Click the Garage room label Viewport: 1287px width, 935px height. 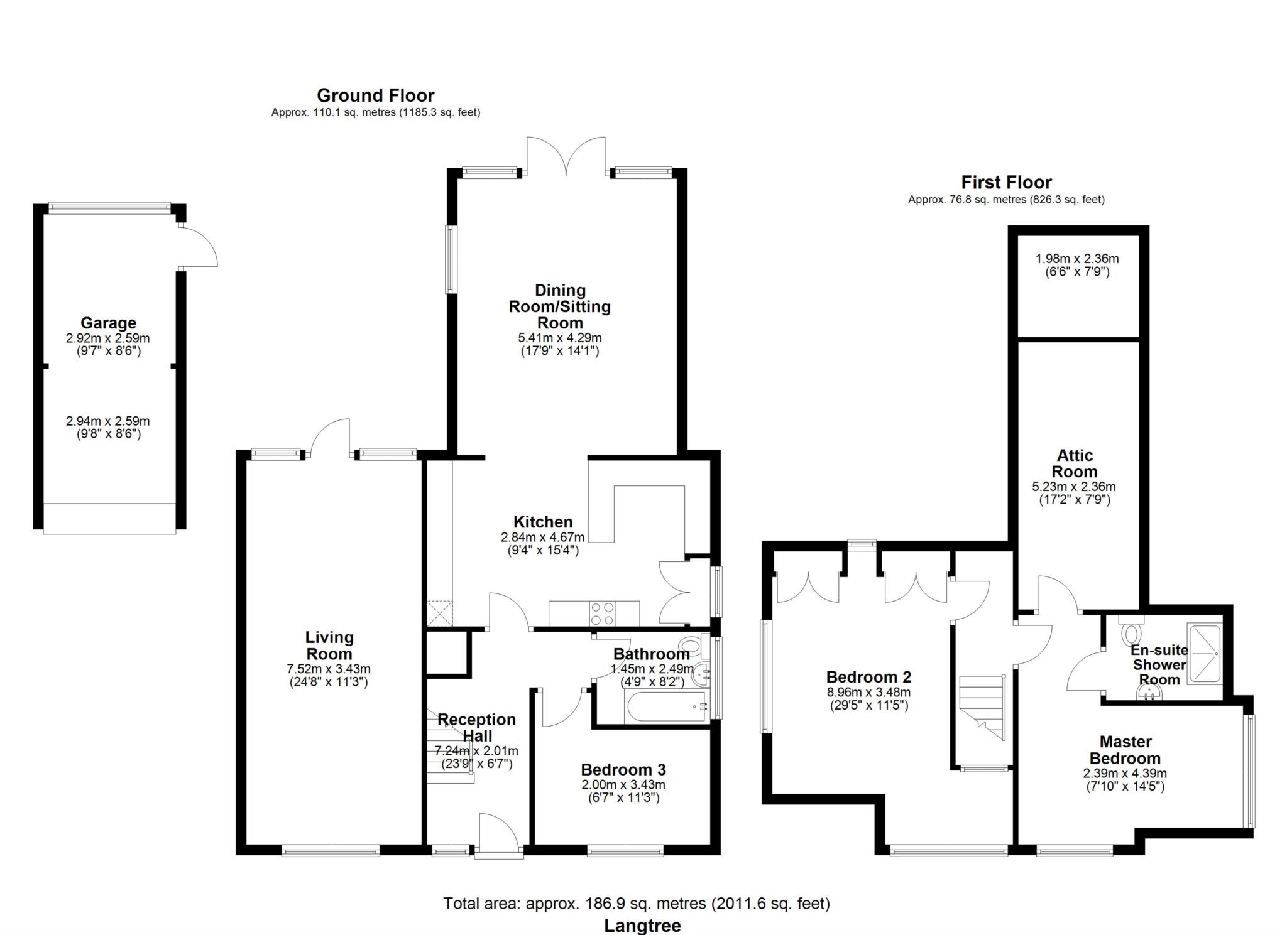[108, 323]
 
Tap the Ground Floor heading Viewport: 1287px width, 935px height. [375, 95]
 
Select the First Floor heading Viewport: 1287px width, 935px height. [1006, 182]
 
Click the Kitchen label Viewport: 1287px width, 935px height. [543, 522]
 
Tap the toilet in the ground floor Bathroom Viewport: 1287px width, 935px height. [693, 646]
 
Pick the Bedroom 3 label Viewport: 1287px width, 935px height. [623, 769]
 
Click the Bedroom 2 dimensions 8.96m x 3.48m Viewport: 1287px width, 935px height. [868, 693]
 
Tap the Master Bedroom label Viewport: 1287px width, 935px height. [1125, 750]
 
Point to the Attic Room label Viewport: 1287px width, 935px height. [1075, 463]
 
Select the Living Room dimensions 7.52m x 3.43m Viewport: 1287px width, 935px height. [329, 669]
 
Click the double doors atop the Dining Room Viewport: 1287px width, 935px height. [566, 155]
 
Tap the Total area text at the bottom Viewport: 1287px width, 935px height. [637, 903]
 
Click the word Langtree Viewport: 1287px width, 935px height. [642, 926]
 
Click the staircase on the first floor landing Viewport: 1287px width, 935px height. [982, 708]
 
